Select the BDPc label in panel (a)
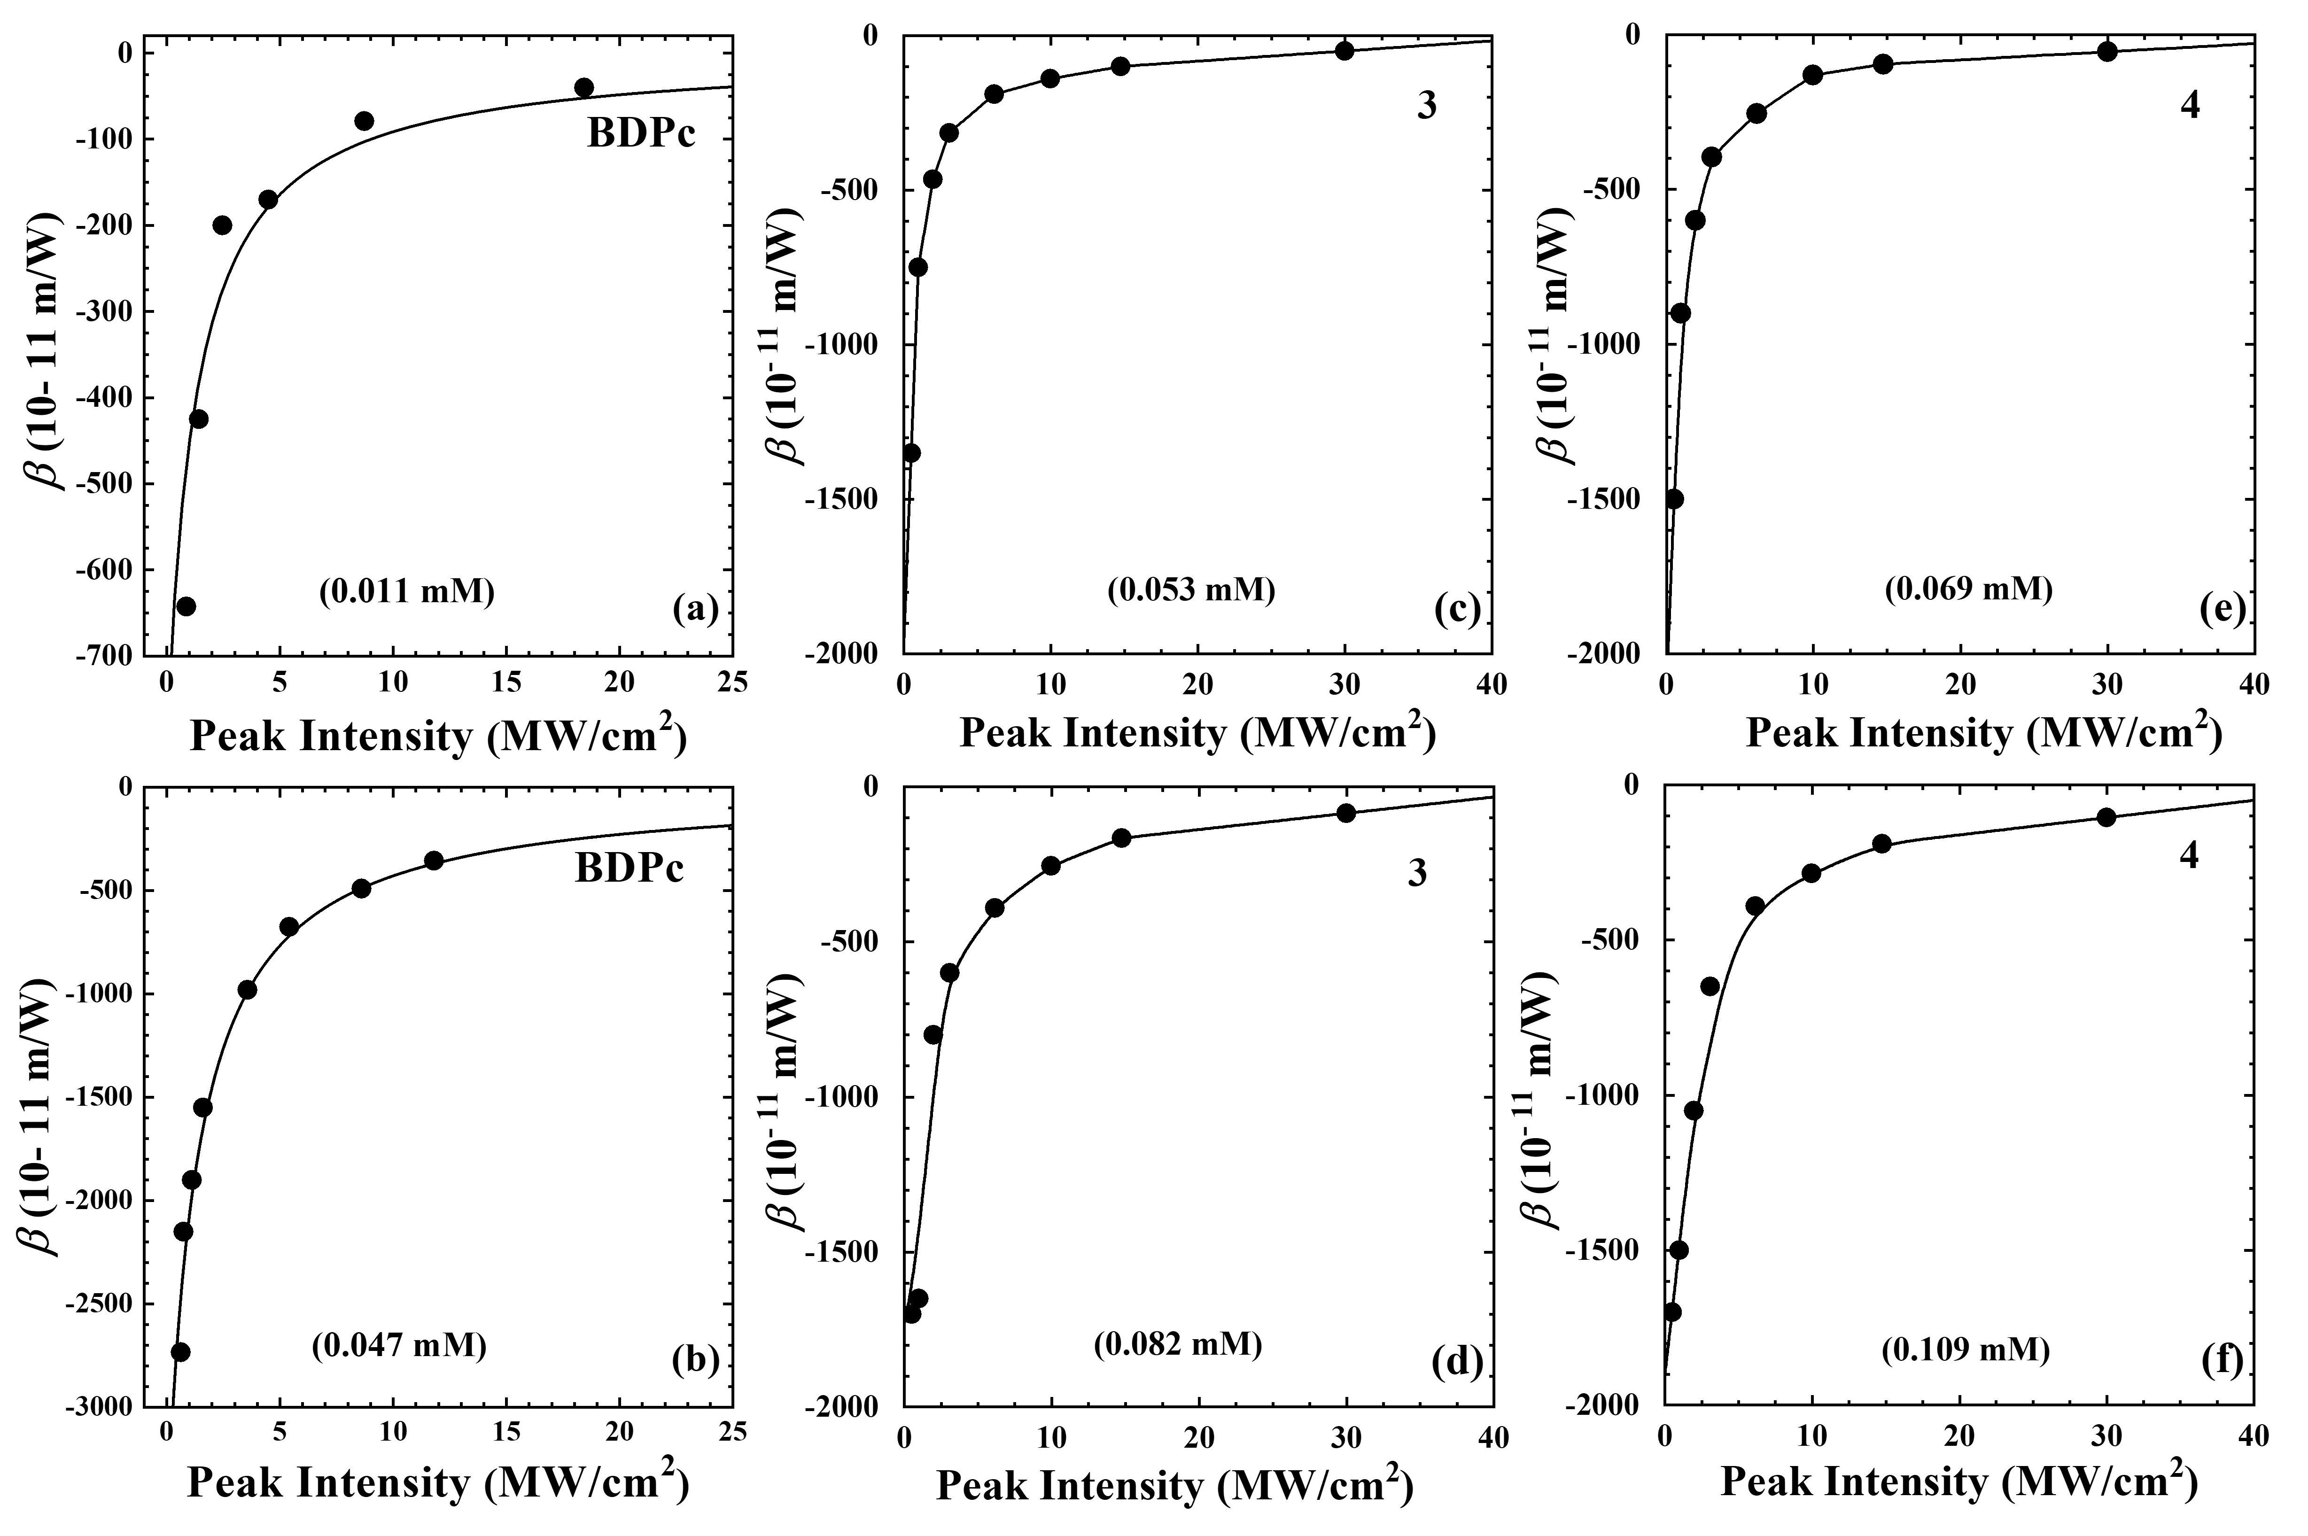pos(641,133)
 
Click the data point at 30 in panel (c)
pos(1344,51)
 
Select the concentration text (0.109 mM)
pos(1965,1350)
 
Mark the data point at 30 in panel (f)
pos(2106,817)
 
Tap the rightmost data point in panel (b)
pos(434,860)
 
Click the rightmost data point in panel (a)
pos(584,87)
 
